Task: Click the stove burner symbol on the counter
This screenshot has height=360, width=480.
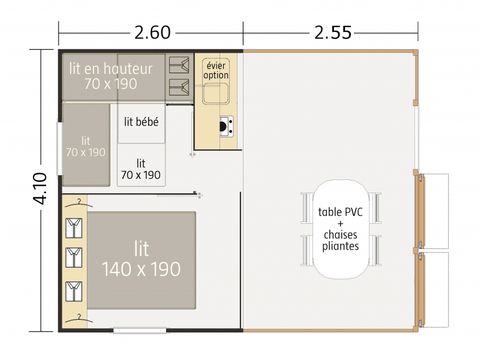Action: pos(226,127)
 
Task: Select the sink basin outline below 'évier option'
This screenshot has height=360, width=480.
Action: pos(216,96)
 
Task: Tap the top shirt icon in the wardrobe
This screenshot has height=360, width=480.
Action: pos(73,228)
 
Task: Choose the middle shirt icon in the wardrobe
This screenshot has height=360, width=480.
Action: pos(73,259)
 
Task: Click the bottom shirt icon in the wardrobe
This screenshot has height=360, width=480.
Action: pos(73,291)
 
